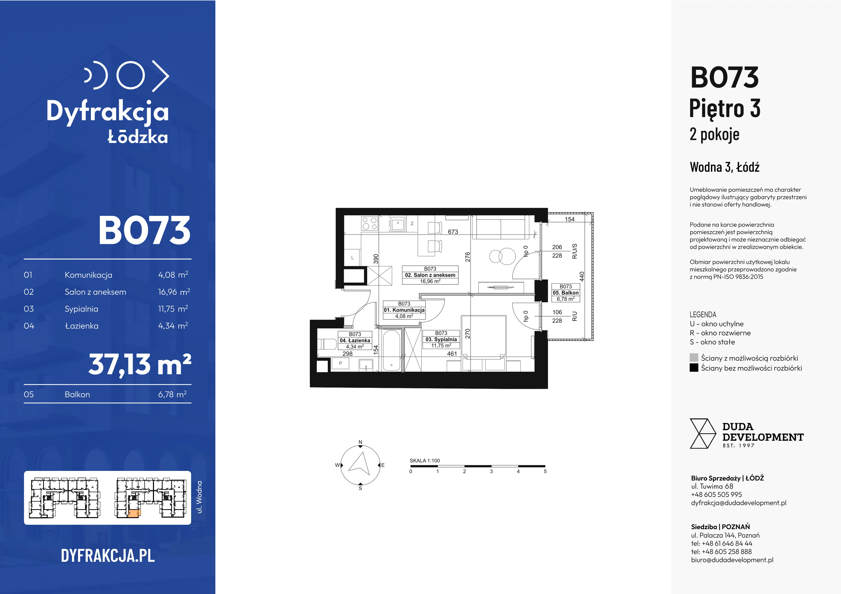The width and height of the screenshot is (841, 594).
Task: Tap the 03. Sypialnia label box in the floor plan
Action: (441, 339)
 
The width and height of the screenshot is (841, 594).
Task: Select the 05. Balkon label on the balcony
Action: (566, 293)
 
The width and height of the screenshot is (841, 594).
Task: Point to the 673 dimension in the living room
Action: (453, 232)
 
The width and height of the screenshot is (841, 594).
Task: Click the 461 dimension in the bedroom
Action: (452, 353)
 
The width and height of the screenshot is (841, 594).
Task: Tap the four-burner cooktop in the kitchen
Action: (369, 223)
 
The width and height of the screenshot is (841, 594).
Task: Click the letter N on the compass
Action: (360, 442)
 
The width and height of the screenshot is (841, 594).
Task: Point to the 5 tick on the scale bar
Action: (545, 471)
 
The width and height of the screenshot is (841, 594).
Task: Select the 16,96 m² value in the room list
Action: (174, 292)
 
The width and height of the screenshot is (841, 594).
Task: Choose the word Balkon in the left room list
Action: (77, 394)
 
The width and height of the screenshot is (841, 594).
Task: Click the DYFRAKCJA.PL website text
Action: (108, 556)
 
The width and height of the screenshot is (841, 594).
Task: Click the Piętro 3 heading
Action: (725, 109)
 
